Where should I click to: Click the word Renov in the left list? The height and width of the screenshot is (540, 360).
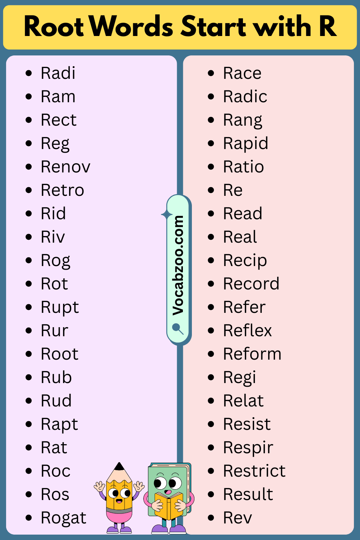(66, 167)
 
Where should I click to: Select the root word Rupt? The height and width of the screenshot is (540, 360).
(60, 308)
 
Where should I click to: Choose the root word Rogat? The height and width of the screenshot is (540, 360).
(63, 518)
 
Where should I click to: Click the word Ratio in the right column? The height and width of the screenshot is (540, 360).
(243, 167)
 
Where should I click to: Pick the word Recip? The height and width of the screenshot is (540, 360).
(245, 261)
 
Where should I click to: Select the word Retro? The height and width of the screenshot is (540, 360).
(62, 190)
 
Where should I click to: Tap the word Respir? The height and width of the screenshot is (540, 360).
(248, 448)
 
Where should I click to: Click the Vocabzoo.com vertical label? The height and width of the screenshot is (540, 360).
(178, 265)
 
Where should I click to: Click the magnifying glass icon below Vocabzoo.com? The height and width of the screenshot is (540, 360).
(178, 329)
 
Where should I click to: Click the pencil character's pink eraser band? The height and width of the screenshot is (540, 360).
(119, 516)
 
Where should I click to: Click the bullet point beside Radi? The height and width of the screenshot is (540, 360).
(29, 73)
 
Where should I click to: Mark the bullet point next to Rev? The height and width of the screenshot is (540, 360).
(211, 517)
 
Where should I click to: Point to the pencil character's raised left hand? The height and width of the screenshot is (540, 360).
(99, 486)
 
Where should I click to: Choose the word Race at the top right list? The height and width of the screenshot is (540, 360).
(242, 73)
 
